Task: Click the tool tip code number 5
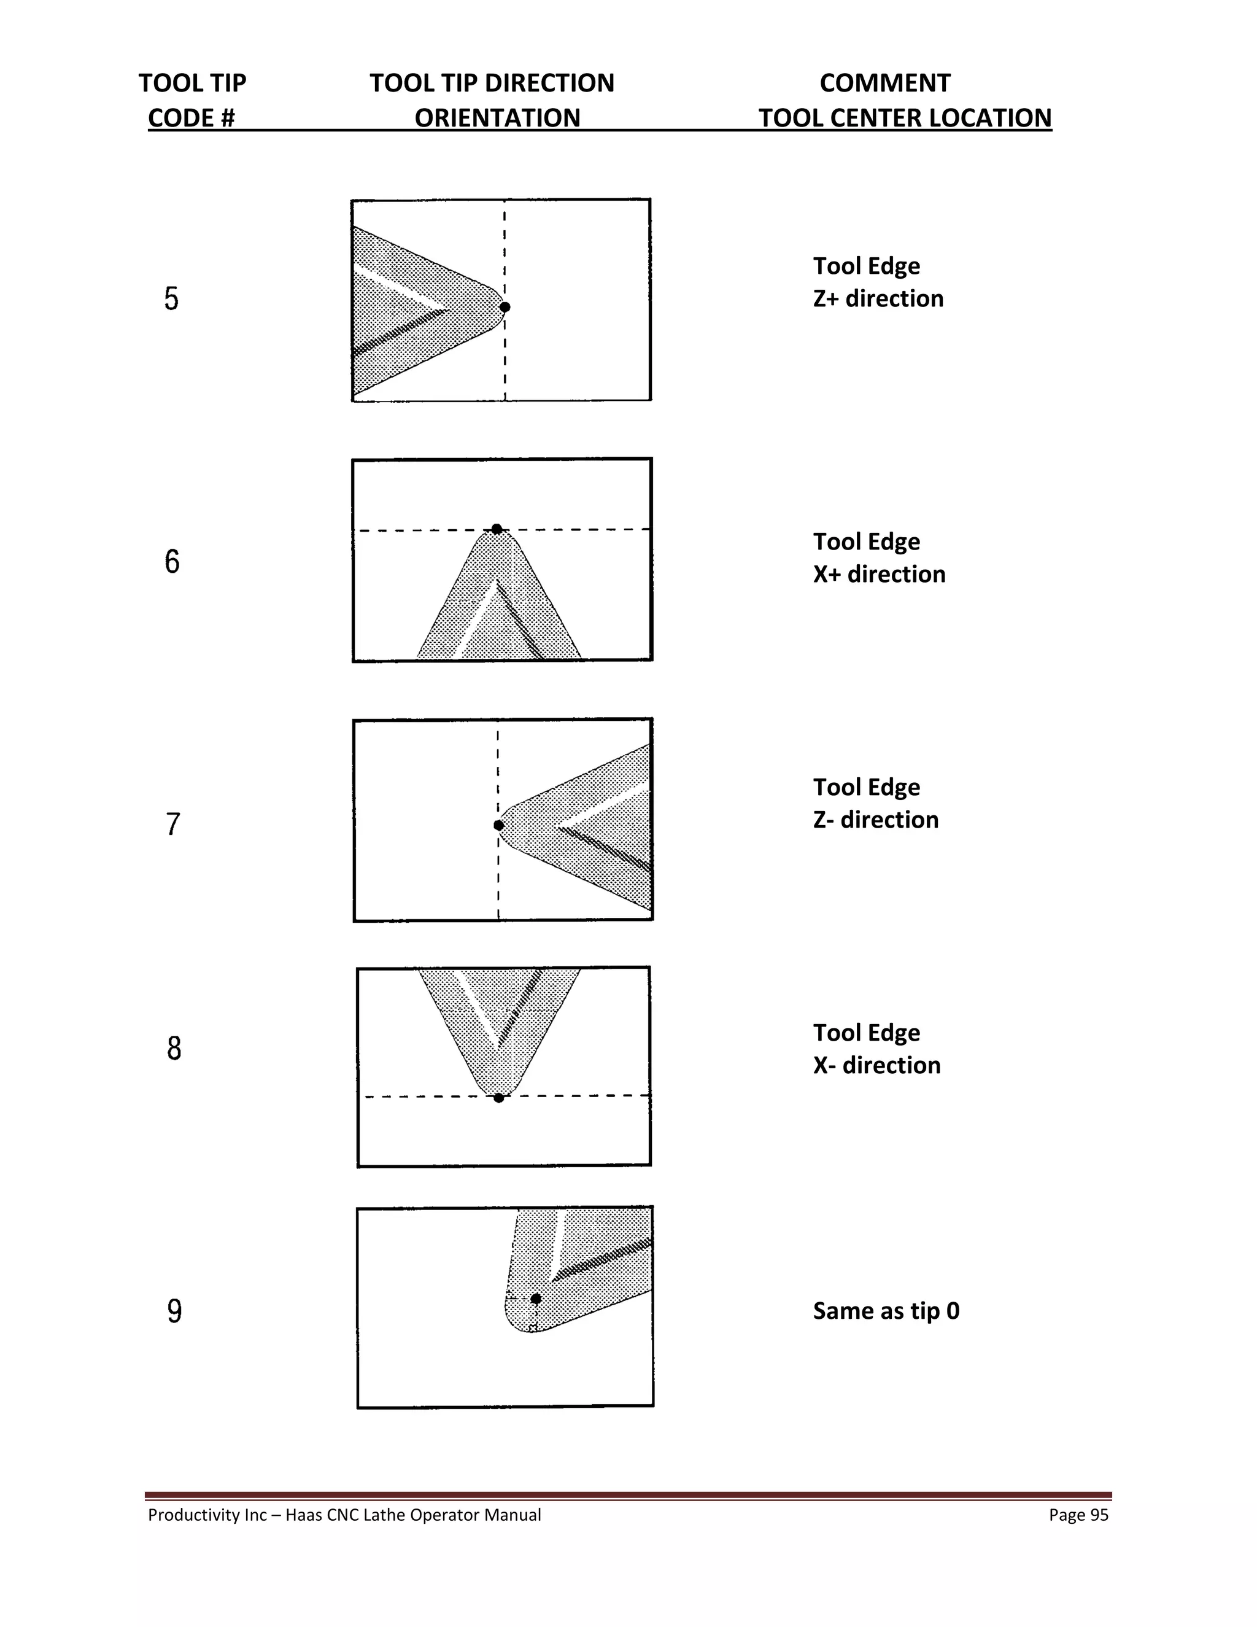171,299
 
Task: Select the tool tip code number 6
172,561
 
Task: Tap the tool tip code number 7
172,825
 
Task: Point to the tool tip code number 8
174,1048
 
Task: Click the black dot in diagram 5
505,307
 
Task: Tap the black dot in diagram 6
497,529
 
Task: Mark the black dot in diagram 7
499,825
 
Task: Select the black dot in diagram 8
499,1097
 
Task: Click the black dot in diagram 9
535,1299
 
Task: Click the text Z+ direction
878,299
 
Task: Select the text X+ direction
879,575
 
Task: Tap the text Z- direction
876,820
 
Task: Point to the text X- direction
876,1065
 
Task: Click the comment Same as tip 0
886,1311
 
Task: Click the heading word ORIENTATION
497,118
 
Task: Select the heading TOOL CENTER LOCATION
905,118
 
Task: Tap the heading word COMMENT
884,83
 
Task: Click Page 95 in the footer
1078,1515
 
